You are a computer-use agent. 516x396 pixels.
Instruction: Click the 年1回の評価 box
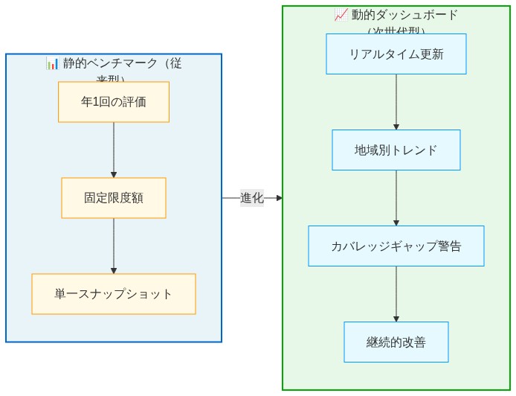(x=114, y=102)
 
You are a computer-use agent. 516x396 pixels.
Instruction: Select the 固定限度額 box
(x=114, y=198)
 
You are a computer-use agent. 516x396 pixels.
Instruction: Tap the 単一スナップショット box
(x=114, y=294)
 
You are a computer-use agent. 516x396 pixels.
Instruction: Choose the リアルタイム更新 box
(x=396, y=54)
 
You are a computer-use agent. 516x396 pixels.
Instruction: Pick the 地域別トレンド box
(x=396, y=150)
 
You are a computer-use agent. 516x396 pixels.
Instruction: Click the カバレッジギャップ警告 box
(x=396, y=246)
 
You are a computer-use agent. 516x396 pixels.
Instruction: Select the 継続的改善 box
(x=396, y=342)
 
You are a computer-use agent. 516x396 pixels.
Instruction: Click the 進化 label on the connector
(x=251, y=198)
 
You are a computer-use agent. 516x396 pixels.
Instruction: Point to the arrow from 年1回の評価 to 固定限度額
(x=114, y=149)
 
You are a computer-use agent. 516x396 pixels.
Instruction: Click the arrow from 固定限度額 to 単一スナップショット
(x=114, y=246)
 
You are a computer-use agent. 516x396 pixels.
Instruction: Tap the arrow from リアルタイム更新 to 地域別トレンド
(x=396, y=101)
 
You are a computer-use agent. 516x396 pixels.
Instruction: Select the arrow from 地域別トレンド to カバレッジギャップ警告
(x=396, y=197)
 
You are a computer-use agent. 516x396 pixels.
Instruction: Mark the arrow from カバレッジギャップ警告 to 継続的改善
(x=396, y=293)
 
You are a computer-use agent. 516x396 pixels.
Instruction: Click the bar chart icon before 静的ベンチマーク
(x=52, y=63)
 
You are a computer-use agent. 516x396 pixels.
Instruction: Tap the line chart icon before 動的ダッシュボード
(x=341, y=15)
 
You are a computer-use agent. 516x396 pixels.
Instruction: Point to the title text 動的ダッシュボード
(x=405, y=15)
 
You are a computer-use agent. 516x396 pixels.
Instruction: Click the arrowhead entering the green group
(x=279, y=198)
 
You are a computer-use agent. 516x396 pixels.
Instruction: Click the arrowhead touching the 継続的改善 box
(x=396, y=319)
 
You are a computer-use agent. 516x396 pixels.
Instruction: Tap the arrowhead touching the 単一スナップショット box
(x=114, y=271)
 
